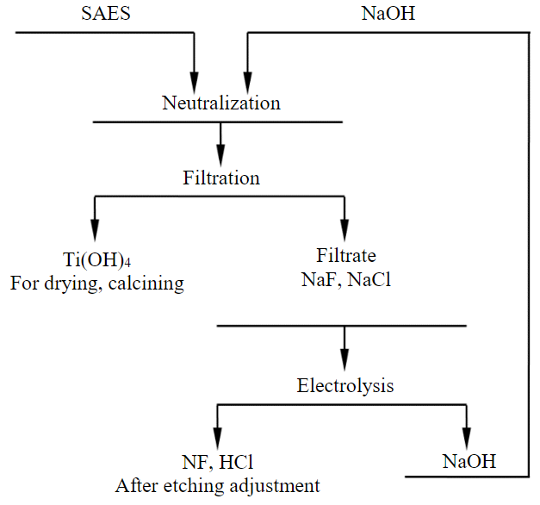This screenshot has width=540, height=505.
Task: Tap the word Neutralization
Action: [221, 103]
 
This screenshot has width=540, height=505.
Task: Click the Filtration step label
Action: [221, 178]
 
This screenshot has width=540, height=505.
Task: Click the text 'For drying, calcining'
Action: [97, 283]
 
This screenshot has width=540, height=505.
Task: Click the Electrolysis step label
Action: [345, 385]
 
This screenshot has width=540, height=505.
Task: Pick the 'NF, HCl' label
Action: [217, 461]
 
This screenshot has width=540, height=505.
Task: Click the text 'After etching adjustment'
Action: [218, 485]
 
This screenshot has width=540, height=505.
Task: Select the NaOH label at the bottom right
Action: [469, 461]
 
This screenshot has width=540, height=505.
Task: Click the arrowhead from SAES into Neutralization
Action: [194, 82]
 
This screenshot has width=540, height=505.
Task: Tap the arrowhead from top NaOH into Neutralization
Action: [248, 82]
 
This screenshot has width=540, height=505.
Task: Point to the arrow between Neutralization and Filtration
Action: [221, 142]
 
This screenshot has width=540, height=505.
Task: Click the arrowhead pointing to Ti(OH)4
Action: [93, 237]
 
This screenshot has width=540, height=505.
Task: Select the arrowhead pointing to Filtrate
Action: [344, 237]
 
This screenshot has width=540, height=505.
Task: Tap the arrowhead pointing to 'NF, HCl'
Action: [216, 439]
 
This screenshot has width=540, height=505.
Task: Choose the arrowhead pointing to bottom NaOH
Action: [468, 439]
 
